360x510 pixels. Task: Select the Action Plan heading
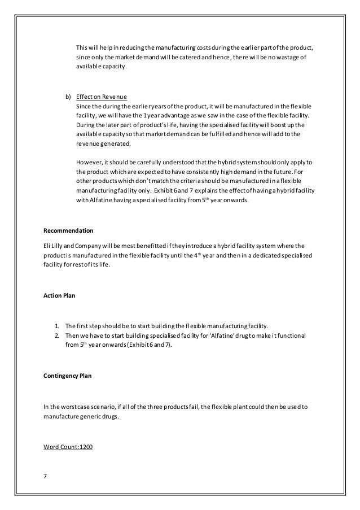click(x=59, y=295)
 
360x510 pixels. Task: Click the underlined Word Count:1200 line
click(x=68, y=447)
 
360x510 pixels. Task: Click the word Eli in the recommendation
click(x=48, y=246)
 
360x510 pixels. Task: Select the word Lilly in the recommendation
click(x=60, y=246)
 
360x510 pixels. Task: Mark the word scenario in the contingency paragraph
click(x=95, y=406)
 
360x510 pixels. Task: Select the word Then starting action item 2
click(x=74, y=336)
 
